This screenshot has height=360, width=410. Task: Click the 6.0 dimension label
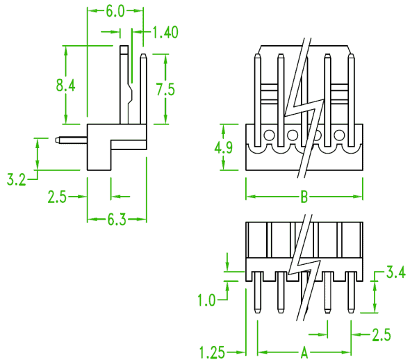tap(115, 11)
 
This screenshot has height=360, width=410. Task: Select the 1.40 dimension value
tap(165, 32)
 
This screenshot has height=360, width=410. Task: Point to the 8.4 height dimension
tap(65, 85)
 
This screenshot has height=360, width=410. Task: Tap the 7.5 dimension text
tap(165, 89)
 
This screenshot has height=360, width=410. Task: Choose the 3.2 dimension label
tap(17, 179)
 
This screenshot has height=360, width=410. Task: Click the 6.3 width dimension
tap(117, 220)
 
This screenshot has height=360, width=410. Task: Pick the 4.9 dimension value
tap(223, 148)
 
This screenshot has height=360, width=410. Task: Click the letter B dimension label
tap(304, 197)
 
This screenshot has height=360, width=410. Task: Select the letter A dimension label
tap(304, 352)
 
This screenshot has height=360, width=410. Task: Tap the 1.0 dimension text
tap(206, 300)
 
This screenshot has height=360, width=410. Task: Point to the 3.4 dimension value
tap(396, 272)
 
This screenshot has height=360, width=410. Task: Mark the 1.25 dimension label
tap(212, 352)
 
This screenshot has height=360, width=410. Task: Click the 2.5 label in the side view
tap(57, 197)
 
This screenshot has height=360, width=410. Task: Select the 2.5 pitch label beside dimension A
tap(382, 335)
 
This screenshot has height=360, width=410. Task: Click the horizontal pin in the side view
tap(71, 140)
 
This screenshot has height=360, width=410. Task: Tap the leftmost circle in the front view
tap(269, 135)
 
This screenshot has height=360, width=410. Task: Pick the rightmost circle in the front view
tap(339, 135)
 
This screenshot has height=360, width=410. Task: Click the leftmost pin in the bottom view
tap(258, 293)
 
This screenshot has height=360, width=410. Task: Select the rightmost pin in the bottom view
tap(351, 293)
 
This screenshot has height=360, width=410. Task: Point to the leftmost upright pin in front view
tap(258, 100)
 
